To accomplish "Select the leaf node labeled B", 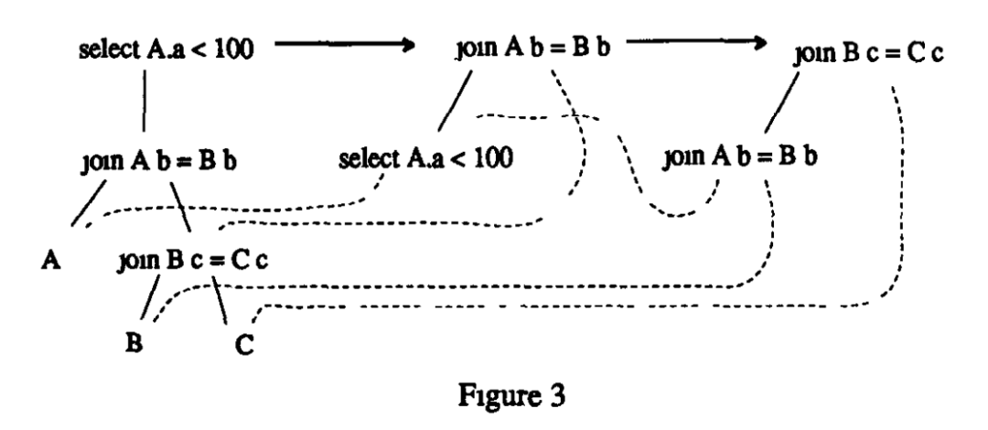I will coord(134,346).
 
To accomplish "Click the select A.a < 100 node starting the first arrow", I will coord(163,48).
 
